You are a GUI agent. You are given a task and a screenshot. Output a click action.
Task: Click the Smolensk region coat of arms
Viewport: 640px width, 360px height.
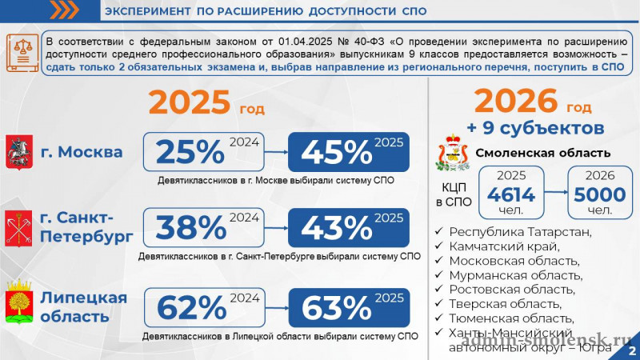pyautogui.click(x=452, y=153)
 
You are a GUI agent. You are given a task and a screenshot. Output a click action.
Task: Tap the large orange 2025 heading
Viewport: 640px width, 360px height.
pyautogui.click(x=190, y=104)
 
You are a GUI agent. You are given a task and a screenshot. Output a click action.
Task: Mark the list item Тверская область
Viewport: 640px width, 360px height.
pyautogui.click(x=505, y=304)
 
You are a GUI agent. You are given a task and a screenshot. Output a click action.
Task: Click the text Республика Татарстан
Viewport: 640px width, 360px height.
pyautogui.click(x=520, y=232)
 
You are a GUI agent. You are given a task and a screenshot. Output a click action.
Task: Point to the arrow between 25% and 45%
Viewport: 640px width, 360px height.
pyautogui.click(x=274, y=152)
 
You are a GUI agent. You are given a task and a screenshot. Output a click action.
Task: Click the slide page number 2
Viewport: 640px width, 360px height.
pyautogui.click(x=631, y=350)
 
